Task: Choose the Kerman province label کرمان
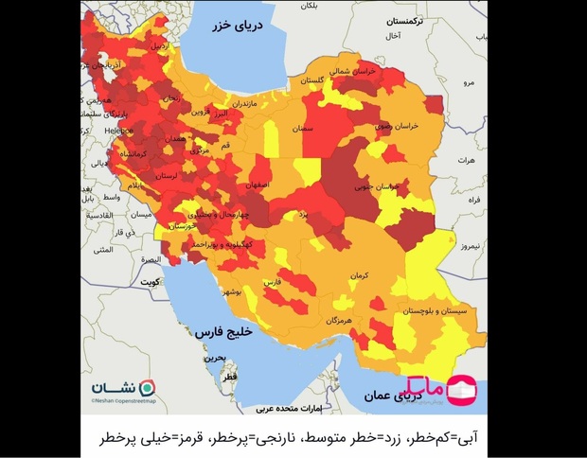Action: pos(356,275)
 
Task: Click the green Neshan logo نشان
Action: pos(123,389)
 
